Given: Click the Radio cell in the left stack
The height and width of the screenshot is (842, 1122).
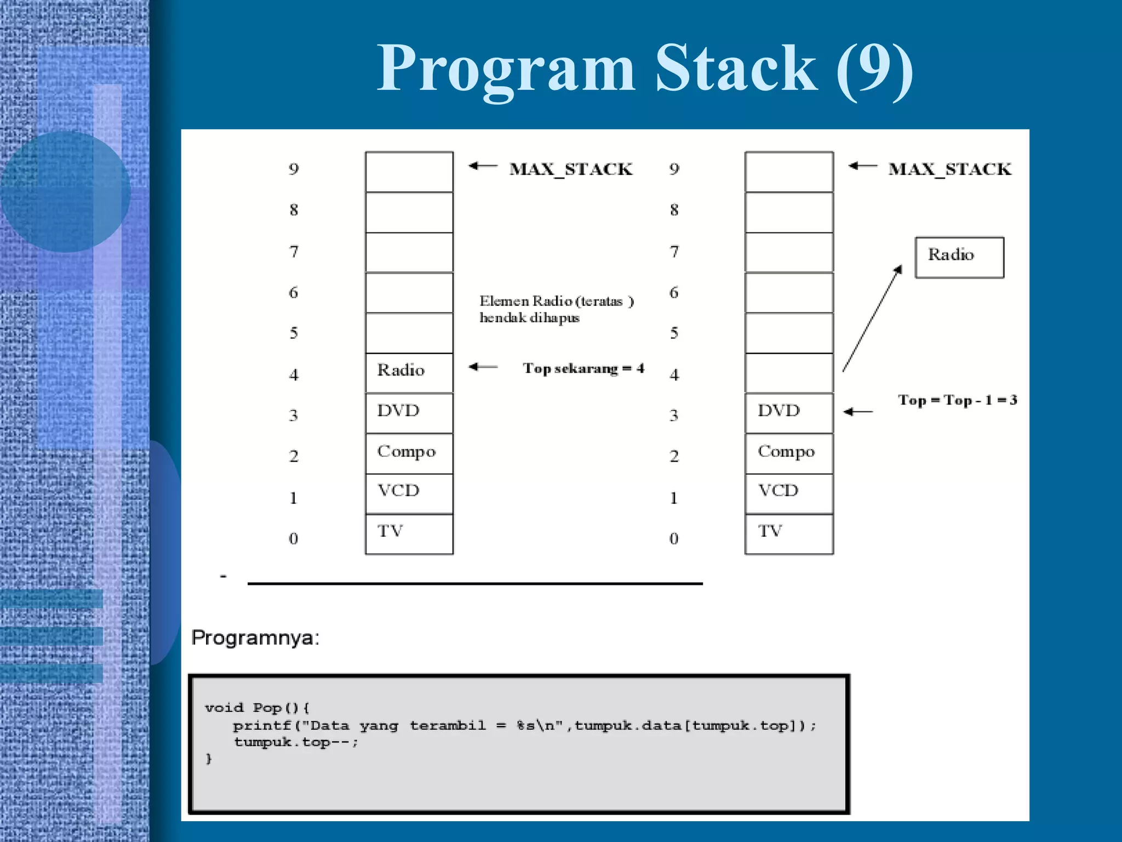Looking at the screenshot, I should point(409,372).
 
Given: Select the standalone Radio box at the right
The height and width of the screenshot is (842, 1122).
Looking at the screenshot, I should point(959,257).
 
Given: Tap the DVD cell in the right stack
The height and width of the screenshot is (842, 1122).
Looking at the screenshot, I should point(788,412).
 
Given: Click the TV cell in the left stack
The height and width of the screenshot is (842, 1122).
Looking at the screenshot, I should point(409,533).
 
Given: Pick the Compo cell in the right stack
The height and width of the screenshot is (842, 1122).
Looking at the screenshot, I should point(788,453).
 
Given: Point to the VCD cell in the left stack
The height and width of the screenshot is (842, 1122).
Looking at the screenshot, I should point(409,493).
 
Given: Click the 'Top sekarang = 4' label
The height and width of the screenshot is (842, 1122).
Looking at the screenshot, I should point(583,368).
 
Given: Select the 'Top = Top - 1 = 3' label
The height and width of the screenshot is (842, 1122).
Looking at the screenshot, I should point(957,400).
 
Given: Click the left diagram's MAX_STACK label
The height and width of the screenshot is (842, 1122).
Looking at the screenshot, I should point(571,169).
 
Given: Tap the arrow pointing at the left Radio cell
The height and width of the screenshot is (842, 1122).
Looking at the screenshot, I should point(483,367).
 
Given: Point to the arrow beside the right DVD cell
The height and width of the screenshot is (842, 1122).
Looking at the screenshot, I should point(858,412).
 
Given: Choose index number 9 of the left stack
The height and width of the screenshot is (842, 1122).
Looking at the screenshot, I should point(294,169).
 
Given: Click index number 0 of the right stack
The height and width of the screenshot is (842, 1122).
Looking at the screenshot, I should point(674,539).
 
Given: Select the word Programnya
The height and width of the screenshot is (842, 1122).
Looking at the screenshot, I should point(255,638).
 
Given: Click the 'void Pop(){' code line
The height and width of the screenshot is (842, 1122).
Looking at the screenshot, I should point(257,708).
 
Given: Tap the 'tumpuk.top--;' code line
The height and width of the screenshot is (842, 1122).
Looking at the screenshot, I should point(296,742).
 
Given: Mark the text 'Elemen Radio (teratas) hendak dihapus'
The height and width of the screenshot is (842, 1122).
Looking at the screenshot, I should point(556,309).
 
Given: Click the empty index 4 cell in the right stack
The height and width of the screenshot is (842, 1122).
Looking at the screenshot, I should point(788,373).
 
